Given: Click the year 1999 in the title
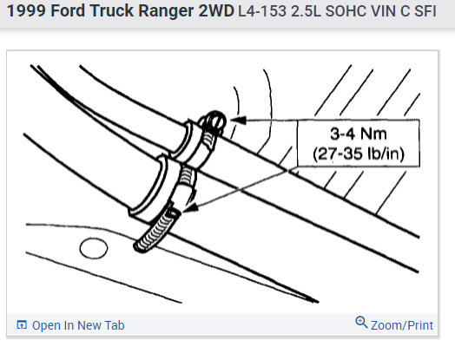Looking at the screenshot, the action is pyautogui.click(x=26, y=11).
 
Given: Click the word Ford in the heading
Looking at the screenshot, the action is pyautogui.click(x=69, y=11).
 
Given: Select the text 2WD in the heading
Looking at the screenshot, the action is pyautogui.click(x=216, y=11).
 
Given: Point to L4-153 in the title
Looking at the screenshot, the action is pyautogui.click(x=262, y=11).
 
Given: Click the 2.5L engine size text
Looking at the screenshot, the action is pyautogui.click(x=306, y=11).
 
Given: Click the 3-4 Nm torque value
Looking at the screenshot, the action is pyautogui.click(x=359, y=134).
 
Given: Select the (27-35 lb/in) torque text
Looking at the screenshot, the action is pyautogui.click(x=359, y=154).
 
